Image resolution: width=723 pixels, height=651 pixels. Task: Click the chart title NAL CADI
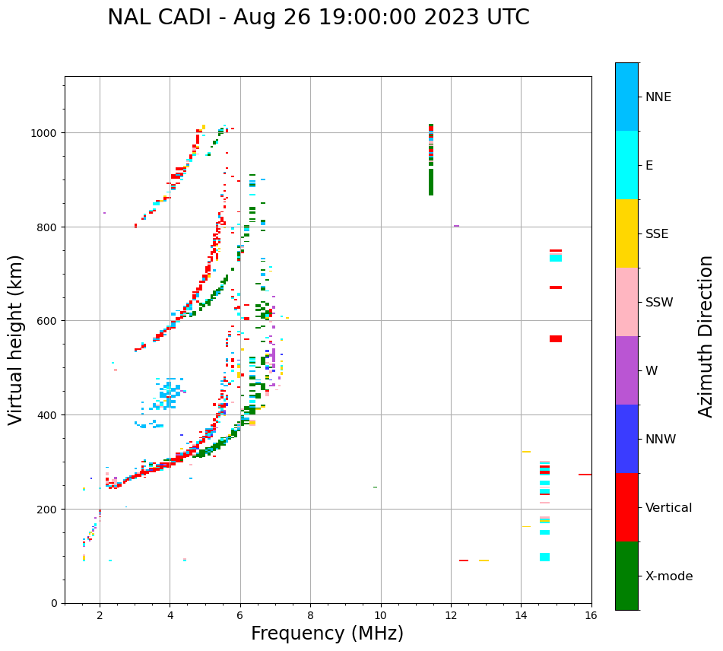318,17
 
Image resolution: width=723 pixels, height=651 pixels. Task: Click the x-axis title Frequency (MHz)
327,634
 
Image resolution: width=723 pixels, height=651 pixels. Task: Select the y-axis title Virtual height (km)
16,339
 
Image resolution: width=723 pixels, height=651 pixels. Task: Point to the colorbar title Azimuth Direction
706,336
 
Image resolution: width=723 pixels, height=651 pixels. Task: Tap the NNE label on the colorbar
658,97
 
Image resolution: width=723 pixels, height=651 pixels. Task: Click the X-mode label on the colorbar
669,576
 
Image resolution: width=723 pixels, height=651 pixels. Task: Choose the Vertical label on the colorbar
669,507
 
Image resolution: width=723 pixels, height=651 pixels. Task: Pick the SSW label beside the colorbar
659,302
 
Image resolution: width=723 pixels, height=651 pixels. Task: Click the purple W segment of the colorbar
626,370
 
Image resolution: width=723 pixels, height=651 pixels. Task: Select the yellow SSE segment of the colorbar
626,233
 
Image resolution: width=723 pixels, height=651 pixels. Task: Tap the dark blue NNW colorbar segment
626,439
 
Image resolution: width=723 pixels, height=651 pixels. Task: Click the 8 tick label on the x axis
310,616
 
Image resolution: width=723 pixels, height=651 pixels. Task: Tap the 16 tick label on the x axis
591,616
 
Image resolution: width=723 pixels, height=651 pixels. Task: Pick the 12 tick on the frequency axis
451,616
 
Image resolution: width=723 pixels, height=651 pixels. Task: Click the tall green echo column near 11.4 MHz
431,183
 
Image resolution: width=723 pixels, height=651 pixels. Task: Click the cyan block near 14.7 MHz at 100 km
545,557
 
